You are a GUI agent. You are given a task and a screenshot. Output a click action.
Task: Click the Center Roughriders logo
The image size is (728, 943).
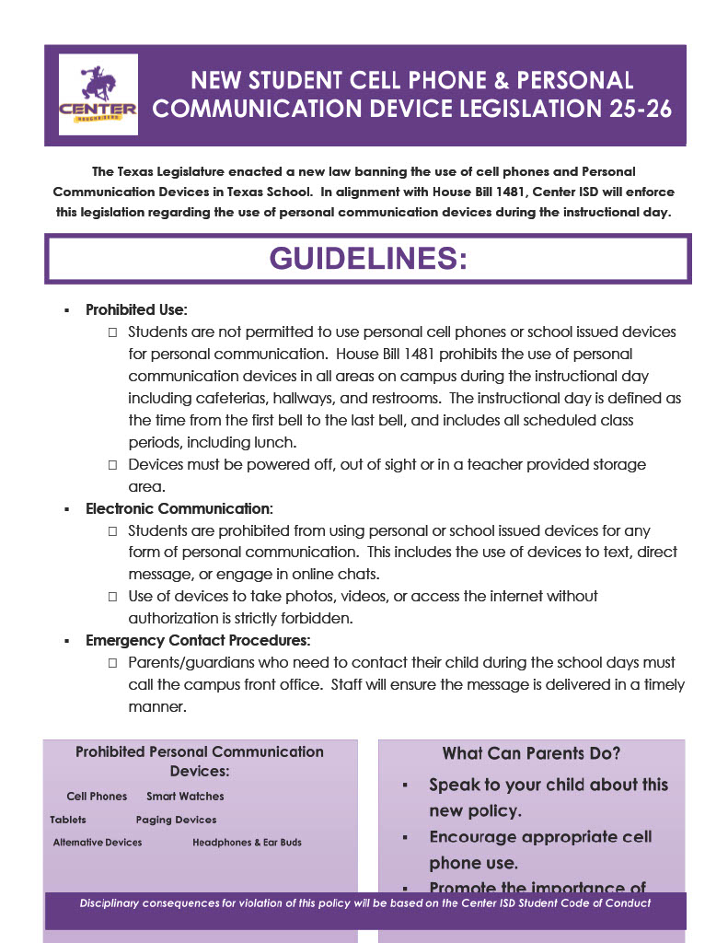pos(98,95)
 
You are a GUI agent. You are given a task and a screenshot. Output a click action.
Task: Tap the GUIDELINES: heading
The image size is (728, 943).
pos(368,259)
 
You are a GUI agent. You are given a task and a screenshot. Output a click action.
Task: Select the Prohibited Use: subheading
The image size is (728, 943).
pos(136,310)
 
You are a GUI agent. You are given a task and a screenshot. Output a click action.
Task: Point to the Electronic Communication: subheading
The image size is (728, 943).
pos(179,508)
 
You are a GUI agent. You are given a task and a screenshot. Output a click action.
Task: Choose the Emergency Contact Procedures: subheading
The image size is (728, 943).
pos(198,640)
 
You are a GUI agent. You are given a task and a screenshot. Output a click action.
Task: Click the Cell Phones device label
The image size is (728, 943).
pos(97,797)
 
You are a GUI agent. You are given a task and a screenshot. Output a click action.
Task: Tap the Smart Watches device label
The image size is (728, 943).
pos(185,797)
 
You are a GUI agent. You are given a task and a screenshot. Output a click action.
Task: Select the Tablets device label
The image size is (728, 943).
pos(68,820)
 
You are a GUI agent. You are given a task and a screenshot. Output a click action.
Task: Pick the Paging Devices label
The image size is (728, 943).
pos(176,820)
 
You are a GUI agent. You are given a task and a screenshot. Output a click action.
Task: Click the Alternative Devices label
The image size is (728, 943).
pos(98,843)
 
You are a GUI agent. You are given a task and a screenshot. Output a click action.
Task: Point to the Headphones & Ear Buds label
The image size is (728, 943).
pos(247,843)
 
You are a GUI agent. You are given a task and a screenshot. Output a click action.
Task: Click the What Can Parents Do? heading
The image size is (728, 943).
pos(531,753)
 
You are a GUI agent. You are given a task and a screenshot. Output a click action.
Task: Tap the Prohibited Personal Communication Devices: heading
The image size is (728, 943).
pos(200,761)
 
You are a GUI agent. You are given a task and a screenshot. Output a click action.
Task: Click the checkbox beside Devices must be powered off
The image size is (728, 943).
pos(112,465)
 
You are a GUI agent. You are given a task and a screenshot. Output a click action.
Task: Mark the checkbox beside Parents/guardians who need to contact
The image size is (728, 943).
pos(112,663)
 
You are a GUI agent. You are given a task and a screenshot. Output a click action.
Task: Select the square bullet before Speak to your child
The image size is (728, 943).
pos(405,786)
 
